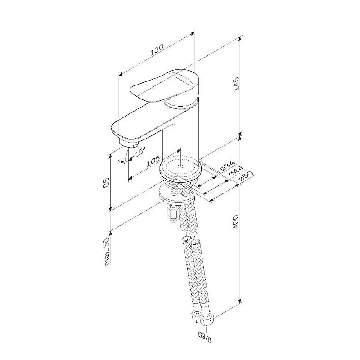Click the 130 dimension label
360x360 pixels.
pyautogui.click(x=157, y=50)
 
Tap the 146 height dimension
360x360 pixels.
pyautogui.click(x=236, y=85)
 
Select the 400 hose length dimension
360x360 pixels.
pyautogui.click(x=236, y=222)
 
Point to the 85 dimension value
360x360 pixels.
pyautogui.click(x=106, y=183)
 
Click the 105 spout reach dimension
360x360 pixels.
pyautogui.click(x=153, y=161)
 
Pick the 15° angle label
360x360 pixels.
pyautogui.click(x=139, y=152)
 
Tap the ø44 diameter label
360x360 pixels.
pyautogui.click(x=236, y=171)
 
